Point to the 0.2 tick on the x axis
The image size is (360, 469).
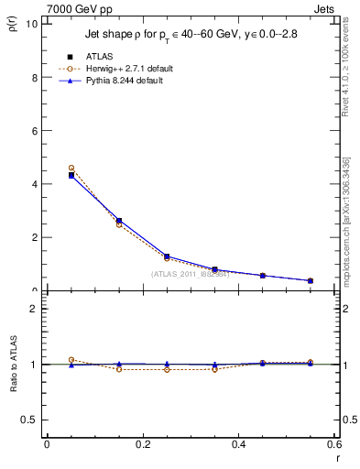(142, 444)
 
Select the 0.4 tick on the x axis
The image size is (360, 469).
(238, 444)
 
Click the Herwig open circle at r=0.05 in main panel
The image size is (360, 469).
(71, 169)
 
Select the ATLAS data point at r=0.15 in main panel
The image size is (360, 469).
(119, 221)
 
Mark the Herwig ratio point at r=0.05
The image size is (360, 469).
(71, 360)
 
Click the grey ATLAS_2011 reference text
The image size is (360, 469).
(189, 274)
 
